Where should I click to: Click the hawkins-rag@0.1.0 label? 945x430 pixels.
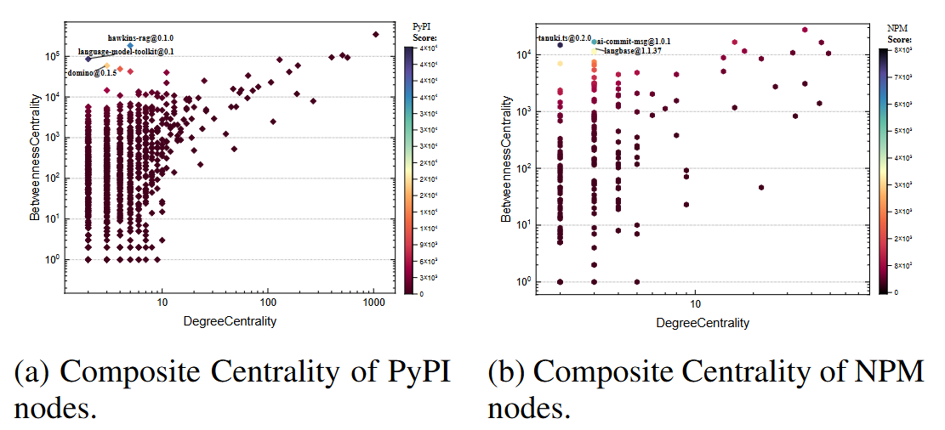point(140,37)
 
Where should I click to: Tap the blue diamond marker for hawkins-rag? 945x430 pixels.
point(130,46)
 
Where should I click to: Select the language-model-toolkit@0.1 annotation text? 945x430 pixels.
point(125,53)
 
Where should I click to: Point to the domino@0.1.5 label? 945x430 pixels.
point(91,73)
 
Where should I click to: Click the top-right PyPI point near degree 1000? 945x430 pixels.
point(375,34)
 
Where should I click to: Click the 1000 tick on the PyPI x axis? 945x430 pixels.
point(373,303)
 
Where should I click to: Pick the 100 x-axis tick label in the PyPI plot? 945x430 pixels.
point(268,303)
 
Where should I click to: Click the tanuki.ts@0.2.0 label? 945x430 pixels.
point(563,38)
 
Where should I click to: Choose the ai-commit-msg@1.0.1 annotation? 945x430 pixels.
point(633,41)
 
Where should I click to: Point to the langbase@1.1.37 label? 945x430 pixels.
point(632,51)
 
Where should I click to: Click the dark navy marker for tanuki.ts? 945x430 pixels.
point(561,45)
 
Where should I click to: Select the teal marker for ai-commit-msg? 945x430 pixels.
point(594,41)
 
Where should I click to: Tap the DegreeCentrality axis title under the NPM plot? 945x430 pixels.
point(703,323)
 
